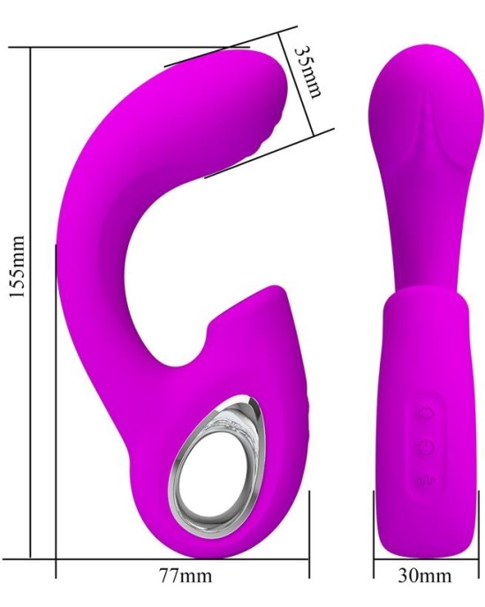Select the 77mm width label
point(182,578)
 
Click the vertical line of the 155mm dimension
point(32,300)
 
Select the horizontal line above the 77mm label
point(182,558)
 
